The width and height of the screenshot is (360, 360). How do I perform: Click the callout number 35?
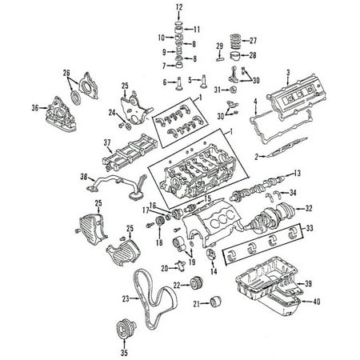[x=124, y=353]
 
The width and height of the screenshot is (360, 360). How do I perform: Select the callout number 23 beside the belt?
[x=126, y=298]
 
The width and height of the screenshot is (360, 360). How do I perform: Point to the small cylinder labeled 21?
[x=215, y=302]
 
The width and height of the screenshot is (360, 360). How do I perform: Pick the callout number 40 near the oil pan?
[x=316, y=302]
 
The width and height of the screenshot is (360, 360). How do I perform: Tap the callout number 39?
[x=308, y=283]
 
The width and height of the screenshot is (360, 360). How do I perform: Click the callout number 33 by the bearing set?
[x=310, y=228]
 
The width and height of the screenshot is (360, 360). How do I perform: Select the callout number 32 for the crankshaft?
[x=309, y=208]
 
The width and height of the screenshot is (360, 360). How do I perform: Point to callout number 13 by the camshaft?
[x=297, y=173]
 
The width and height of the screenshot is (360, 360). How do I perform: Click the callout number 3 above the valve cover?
[x=288, y=72]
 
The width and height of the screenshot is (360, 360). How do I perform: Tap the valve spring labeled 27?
[x=235, y=41]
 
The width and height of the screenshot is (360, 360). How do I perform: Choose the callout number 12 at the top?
[x=179, y=7]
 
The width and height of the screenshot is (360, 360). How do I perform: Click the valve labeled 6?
[x=178, y=83]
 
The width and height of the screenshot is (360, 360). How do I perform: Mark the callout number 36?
[x=35, y=108]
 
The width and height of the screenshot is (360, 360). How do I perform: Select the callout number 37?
[x=107, y=142]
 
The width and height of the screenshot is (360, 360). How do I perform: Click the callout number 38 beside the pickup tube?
[x=84, y=177]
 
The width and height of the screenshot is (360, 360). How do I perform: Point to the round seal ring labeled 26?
[x=76, y=98]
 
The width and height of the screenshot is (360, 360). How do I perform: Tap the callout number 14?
[x=214, y=271]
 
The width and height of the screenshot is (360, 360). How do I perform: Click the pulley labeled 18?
[x=160, y=222]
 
